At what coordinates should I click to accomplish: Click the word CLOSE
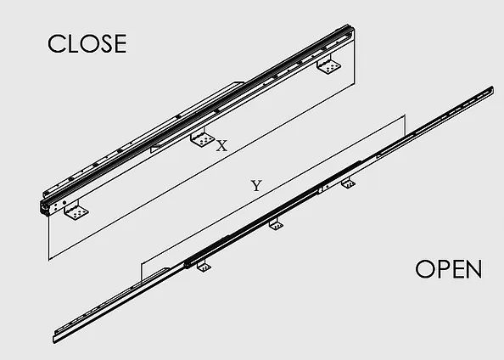pyautogui.click(x=87, y=43)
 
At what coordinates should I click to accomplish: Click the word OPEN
pyautogui.click(x=448, y=269)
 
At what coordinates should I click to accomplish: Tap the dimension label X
pyautogui.click(x=221, y=146)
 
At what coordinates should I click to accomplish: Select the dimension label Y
pyautogui.click(x=256, y=186)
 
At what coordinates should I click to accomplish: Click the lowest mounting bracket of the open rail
pyautogui.click(x=204, y=266)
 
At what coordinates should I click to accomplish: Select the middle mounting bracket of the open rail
pyautogui.click(x=276, y=224)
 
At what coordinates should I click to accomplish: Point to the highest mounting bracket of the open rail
pyautogui.click(x=348, y=183)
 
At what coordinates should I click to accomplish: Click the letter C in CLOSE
pyautogui.click(x=56, y=43)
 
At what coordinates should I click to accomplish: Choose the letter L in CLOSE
pyautogui.click(x=73, y=44)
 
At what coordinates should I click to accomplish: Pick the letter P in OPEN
pyautogui.click(x=443, y=269)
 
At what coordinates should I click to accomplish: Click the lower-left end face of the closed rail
pyautogui.click(x=44, y=207)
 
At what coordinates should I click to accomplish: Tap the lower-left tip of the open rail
pyautogui.click(x=53, y=340)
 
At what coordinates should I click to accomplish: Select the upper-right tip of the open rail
pyautogui.click(x=491, y=90)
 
